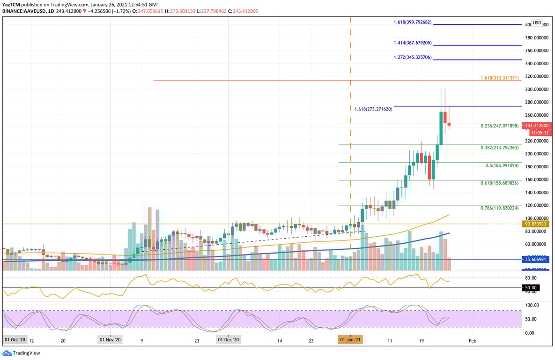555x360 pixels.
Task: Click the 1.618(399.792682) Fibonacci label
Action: click(x=412, y=22)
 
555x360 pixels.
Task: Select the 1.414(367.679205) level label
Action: click(x=413, y=43)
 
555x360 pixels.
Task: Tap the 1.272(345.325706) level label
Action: click(x=413, y=58)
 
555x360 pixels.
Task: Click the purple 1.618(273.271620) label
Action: click(x=373, y=109)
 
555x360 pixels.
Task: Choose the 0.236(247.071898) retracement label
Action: click(x=500, y=126)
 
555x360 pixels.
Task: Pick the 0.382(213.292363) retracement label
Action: click(x=500, y=148)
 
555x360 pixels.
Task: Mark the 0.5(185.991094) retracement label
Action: click(x=502, y=165)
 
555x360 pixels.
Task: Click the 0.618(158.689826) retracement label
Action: click(x=500, y=183)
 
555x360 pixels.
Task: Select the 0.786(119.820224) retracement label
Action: click(x=500, y=208)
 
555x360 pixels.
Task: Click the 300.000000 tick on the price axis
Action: click(x=536, y=89)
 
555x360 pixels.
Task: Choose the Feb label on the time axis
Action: click(x=473, y=341)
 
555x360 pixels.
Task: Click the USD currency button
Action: click(x=537, y=22)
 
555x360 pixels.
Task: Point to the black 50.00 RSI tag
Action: click(x=532, y=288)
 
